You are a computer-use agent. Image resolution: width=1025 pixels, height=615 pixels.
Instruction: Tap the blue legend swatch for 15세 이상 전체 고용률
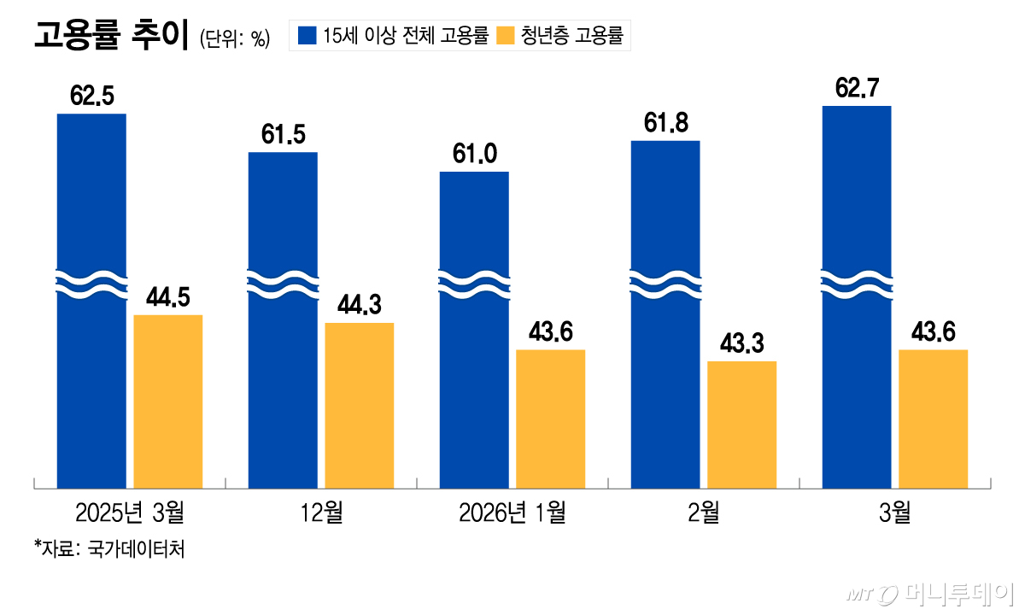tap(307, 36)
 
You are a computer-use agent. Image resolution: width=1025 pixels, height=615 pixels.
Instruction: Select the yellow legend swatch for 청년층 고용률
tap(506, 36)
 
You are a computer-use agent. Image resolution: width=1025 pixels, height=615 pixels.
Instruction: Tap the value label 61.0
tap(474, 155)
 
